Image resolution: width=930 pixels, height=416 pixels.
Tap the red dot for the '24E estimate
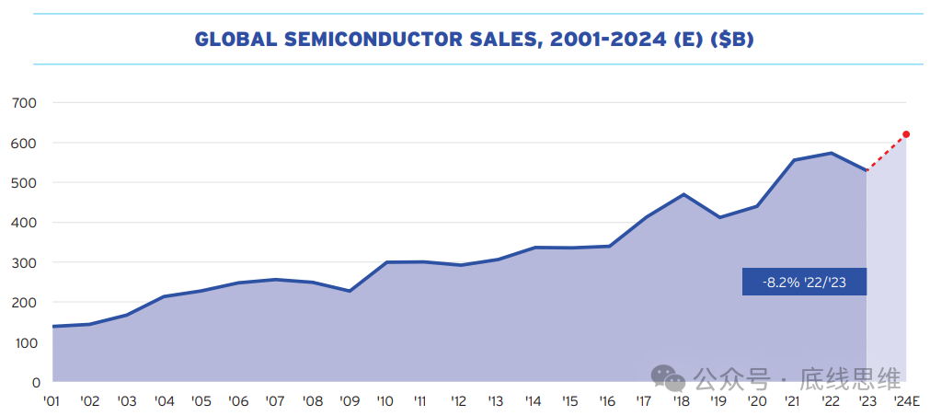click(x=906, y=134)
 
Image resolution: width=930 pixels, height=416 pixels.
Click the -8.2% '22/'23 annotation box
click(x=804, y=282)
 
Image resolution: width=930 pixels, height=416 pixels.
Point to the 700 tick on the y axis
click(x=25, y=103)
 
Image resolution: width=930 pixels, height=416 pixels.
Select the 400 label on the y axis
click(x=25, y=223)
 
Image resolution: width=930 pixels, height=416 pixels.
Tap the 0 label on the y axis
click(x=35, y=382)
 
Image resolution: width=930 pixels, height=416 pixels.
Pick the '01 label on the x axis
click(x=52, y=401)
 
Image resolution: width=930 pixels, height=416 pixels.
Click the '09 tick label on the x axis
click(x=349, y=401)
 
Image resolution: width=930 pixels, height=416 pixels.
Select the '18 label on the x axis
click(x=682, y=401)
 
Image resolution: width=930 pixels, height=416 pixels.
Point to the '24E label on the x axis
click(x=907, y=401)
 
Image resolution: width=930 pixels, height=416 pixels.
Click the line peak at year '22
click(x=831, y=153)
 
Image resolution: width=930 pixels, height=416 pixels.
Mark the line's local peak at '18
click(x=683, y=194)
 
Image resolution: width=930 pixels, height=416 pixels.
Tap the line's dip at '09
click(x=349, y=291)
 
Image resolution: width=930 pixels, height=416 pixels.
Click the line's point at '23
click(x=867, y=170)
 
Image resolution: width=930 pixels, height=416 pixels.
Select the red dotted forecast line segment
click(x=887, y=152)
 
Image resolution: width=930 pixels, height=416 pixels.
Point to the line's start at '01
click(x=53, y=326)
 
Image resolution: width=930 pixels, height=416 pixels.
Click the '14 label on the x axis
click(x=534, y=401)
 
